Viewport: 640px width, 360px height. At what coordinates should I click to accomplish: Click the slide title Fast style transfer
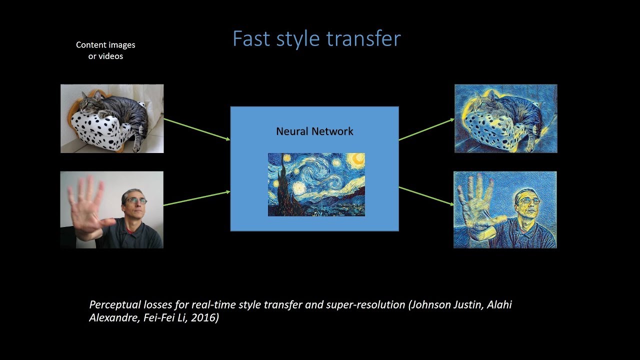point(316,39)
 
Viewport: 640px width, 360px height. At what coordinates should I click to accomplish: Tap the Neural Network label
point(314,131)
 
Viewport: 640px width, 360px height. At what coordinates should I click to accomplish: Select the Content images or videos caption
point(105,50)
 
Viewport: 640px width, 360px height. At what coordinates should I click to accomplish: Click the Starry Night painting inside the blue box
point(316,184)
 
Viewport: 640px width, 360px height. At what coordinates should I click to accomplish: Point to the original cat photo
point(112,118)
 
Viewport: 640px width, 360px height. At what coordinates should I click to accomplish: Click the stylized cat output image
point(505,118)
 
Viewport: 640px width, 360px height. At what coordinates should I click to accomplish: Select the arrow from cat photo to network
point(196,129)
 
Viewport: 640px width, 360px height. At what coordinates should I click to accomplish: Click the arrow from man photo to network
point(196,197)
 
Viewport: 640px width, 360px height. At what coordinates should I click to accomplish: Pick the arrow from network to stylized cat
point(426,129)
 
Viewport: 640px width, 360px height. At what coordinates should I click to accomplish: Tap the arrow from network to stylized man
point(426,195)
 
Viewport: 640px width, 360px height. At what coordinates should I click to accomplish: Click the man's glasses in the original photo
point(135,200)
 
